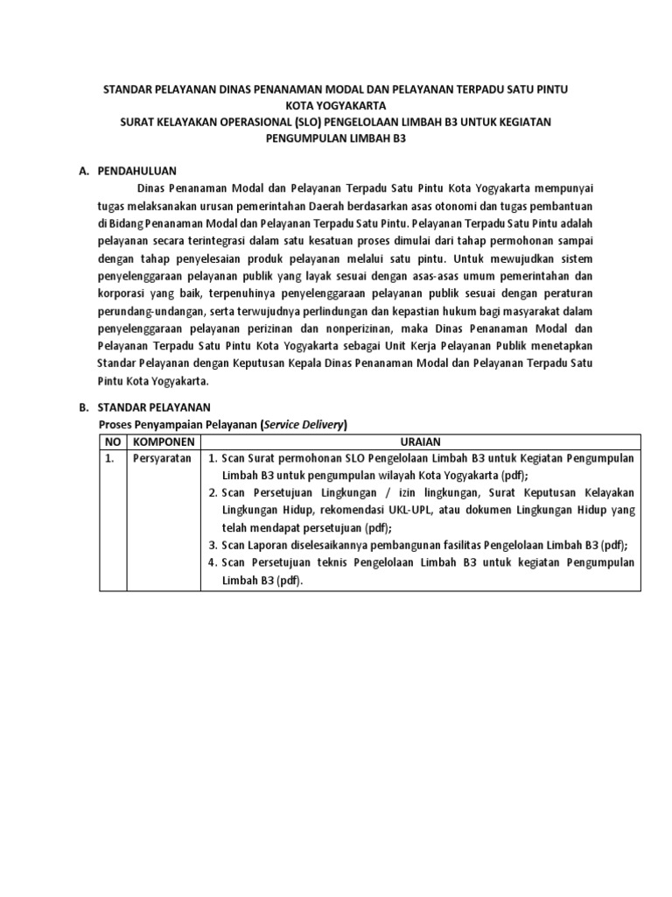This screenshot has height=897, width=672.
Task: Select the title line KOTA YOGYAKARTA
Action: click(x=336, y=106)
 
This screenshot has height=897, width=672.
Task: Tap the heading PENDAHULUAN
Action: click(x=137, y=172)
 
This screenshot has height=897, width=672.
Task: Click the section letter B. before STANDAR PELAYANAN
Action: click(x=84, y=407)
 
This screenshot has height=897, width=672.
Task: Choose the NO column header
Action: click(x=112, y=441)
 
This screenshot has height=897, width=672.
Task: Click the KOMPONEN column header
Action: click(x=163, y=441)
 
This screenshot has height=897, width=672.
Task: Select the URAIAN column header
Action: click(x=420, y=441)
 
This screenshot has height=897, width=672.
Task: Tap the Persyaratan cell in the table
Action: click(x=161, y=458)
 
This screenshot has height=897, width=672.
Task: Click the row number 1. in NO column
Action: click(x=109, y=458)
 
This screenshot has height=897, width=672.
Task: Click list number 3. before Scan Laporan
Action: click(x=213, y=544)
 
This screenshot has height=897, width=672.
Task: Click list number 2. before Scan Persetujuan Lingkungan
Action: click(x=213, y=492)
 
